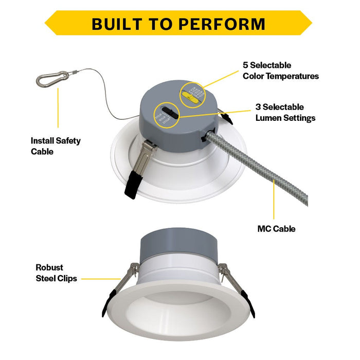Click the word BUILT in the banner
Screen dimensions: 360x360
[x=118, y=24]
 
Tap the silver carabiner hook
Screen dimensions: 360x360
[x=51, y=79]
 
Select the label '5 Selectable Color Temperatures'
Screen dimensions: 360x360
[x=280, y=71]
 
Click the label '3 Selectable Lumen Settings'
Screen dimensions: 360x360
[x=285, y=113]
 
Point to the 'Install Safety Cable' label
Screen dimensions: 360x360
[x=56, y=146]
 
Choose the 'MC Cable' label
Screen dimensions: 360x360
[x=276, y=229]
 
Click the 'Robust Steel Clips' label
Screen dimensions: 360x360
[x=56, y=273]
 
